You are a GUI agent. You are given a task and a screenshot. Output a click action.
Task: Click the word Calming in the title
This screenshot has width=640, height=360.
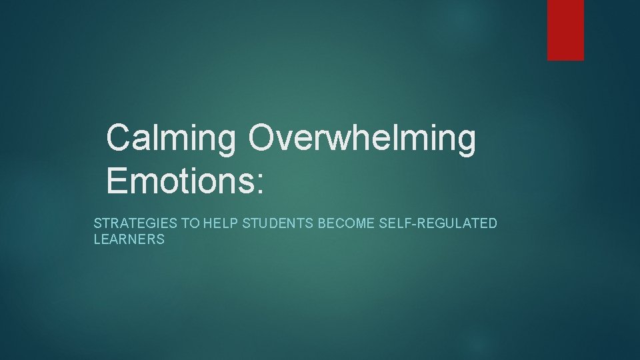coord(171,138)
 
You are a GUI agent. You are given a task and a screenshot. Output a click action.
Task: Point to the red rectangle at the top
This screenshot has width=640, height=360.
coord(565,30)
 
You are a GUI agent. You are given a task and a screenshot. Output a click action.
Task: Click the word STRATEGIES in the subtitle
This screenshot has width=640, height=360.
coord(137,223)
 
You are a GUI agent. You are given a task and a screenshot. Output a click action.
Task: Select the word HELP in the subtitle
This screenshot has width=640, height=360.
coord(221,223)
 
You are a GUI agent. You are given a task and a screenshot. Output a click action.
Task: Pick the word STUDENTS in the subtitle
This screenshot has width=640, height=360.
coord(278,223)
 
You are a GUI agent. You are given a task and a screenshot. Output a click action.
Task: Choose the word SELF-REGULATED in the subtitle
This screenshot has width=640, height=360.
coord(438,223)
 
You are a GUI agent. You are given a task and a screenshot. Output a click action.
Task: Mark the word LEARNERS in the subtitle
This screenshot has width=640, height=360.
coord(129,239)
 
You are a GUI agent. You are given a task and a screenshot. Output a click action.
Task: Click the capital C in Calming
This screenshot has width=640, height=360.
coord(120,137)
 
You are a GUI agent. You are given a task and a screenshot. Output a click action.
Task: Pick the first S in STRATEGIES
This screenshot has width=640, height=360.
coord(97,223)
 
